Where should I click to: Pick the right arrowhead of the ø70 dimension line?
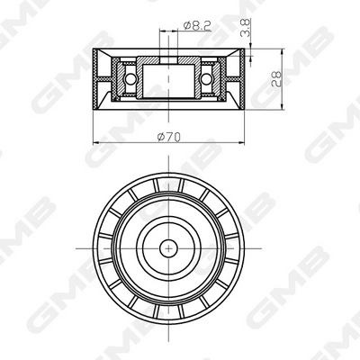pos(243,142)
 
